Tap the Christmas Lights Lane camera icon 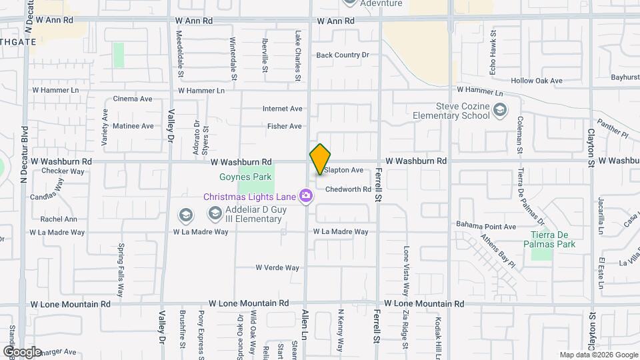click(307, 195)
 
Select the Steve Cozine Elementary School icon click(500, 110)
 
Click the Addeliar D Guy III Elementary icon click(215, 213)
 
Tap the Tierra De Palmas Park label click(553, 239)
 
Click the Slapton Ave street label click(343, 171)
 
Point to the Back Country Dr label click(342, 55)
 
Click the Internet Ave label click(283, 109)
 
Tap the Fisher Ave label click(285, 126)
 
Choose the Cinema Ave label click(133, 99)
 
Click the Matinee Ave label click(133, 125)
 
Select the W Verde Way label click(277, 267)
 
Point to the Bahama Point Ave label click(486, 227)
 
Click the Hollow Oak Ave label click(537, 81)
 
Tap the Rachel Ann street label click(59, 219)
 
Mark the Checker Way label click(63, 171)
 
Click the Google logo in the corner click(22, 351)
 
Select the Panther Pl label click(612, 129)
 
